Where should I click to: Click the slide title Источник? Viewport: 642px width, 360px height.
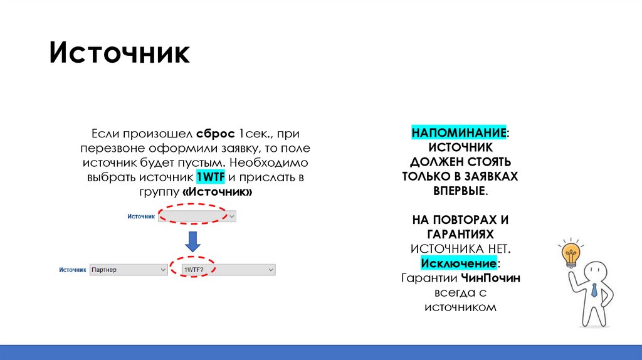tap(120, 53)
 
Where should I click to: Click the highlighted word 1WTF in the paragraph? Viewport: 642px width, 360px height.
tap(210, 177)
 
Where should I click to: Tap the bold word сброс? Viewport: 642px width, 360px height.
tap(215, 134)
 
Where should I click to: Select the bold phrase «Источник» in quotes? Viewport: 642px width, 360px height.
tap(217, 192)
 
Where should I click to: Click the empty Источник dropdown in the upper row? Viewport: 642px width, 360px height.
tap(197, 216)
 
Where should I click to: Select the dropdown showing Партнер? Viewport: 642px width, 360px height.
tap(128, 269)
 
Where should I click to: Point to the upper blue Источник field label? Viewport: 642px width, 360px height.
tap(140, 216)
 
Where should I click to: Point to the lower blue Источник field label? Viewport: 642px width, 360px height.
tap(72, 269)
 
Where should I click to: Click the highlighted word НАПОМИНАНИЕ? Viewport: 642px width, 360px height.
tap(458, 133)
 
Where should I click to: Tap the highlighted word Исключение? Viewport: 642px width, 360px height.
tap(460, 263)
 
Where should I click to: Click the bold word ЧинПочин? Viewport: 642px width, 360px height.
tap(490, 278)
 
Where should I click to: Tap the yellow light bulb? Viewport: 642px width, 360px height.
tap(571, 255)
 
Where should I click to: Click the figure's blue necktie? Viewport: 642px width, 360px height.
tap(594, 290)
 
